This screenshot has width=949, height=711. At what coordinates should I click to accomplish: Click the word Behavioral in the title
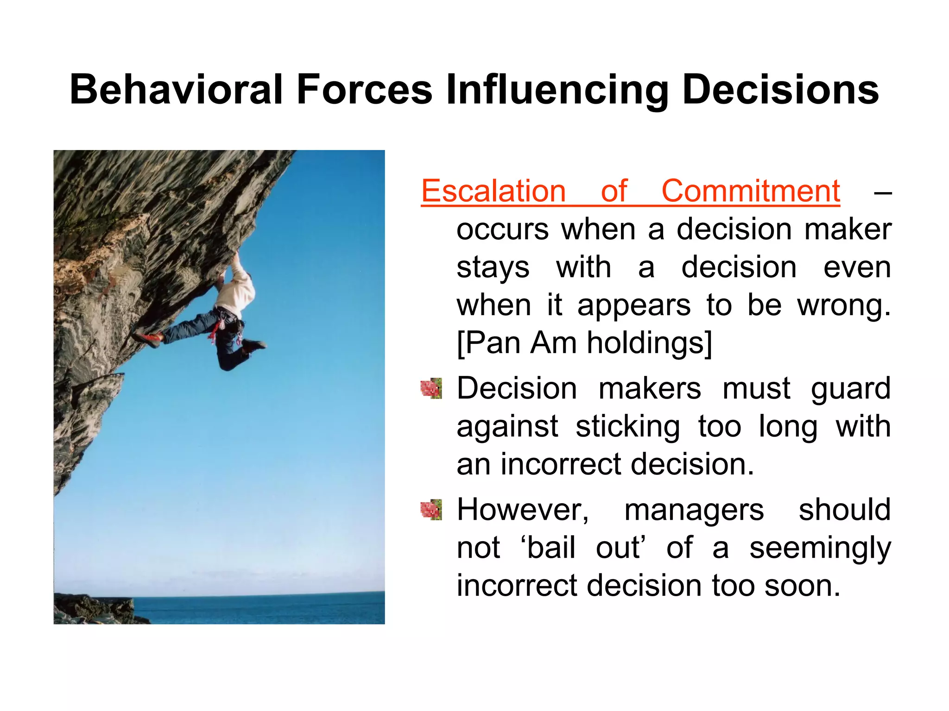coord(176,89)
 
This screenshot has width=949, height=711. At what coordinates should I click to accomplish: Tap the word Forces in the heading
coord(364,89)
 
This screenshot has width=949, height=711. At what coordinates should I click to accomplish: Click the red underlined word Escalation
coord(493,191)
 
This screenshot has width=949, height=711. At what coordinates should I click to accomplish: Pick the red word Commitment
coord(750,191)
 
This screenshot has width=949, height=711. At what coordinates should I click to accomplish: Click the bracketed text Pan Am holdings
coord(584,343)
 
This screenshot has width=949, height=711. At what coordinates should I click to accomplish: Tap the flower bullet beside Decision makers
coord(431,388)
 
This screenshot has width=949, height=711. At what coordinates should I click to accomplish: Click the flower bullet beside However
coord(431,510)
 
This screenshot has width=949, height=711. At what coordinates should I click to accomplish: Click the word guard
coord(850,388)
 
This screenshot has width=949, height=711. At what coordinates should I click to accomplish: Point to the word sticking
coord(628,426)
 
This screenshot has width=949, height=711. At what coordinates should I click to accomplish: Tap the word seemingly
coord(820,548)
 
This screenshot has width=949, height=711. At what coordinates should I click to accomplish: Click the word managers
coord(694,510)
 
